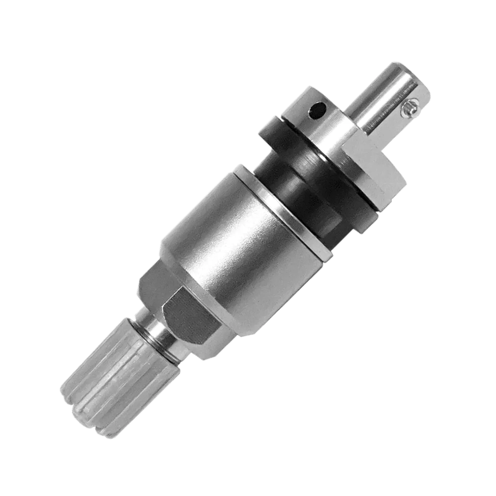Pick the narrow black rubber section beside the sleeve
[x=289, y=182]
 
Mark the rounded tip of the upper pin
[x=397, y=70]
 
